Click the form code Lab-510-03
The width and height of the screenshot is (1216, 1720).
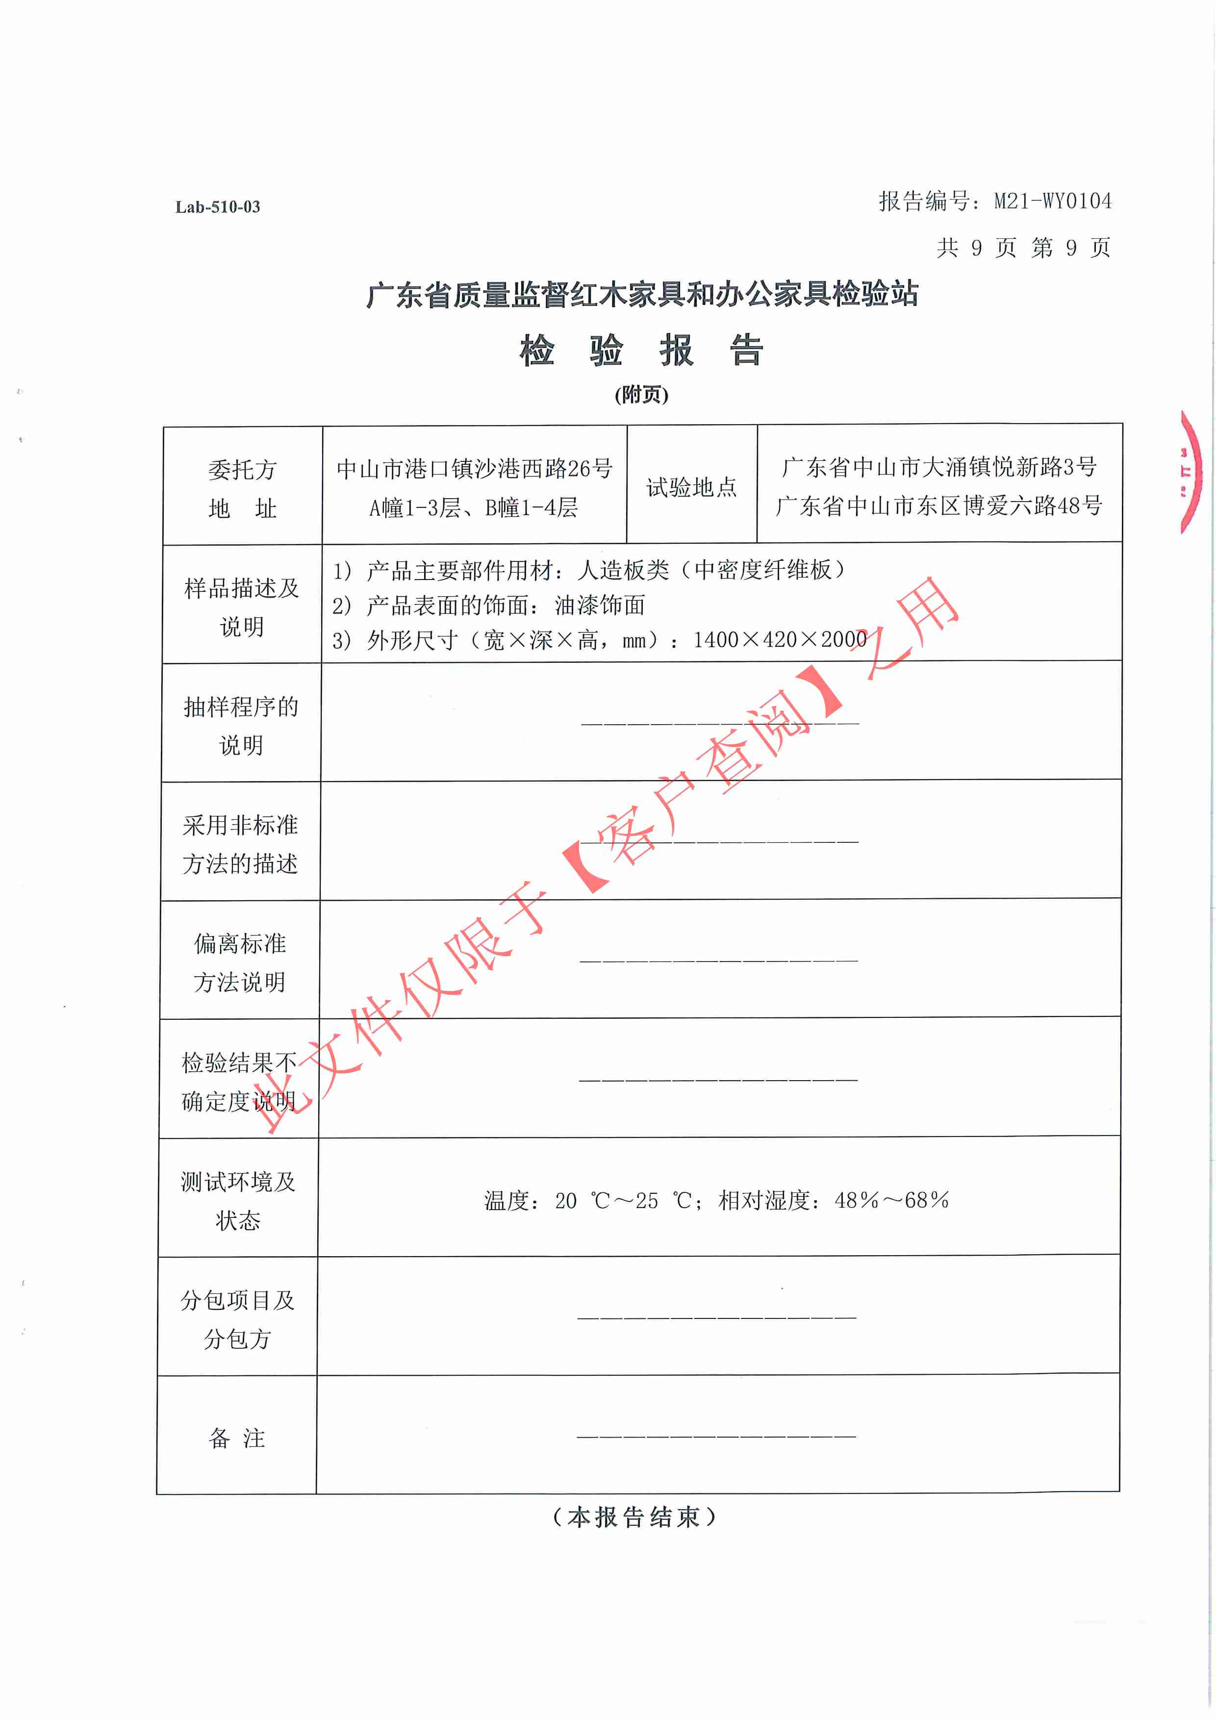click(217, 207)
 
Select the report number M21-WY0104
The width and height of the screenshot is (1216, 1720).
click(1052, 201)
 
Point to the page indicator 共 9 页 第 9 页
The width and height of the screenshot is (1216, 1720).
click(1023, 247)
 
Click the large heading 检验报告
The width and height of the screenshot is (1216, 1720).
click(641, 351)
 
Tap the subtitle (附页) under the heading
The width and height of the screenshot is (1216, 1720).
click(641, 395)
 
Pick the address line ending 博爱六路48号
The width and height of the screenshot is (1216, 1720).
click(938, 506)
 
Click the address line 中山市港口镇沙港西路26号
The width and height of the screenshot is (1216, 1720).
click(474, 469)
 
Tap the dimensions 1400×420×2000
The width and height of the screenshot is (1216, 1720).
click(779, 640)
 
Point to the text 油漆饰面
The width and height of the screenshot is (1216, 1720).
click(599, 606)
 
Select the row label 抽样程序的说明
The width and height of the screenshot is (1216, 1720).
click(240, 725)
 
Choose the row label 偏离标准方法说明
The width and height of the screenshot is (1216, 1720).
click(240, 962)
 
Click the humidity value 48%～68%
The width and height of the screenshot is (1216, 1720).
click(891, 1200)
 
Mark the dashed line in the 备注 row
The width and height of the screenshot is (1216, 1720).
click(716, 1436)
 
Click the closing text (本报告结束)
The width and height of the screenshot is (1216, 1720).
click(634, 1517)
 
